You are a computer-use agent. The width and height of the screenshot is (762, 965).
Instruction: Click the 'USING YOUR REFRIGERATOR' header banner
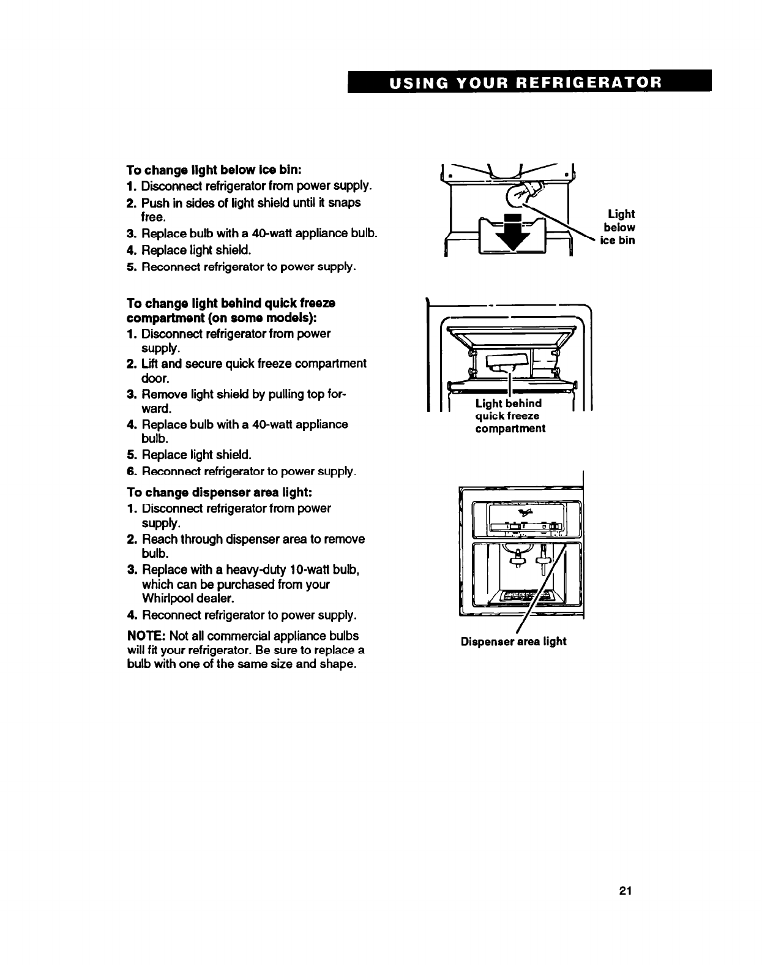point(529,81)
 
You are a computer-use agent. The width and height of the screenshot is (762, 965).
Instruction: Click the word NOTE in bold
point(146,636)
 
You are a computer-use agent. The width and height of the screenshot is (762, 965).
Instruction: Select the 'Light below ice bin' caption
point(620,227)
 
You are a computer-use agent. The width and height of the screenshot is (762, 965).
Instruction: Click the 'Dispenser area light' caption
point(514,642)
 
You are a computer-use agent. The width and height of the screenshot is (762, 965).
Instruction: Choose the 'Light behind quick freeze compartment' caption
point(510,416)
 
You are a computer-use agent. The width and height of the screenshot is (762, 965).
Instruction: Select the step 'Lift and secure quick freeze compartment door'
point(253,371)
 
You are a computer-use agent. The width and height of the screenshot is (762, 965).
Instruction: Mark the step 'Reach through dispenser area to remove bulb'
point(253,546)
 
